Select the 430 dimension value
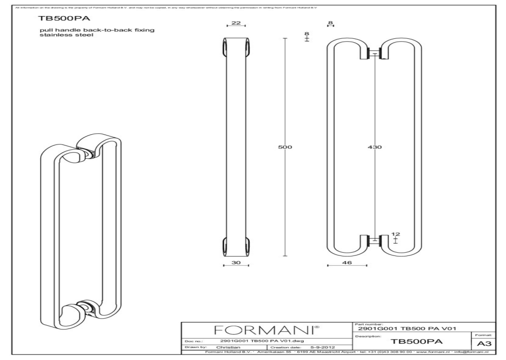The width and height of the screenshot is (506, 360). (375, 147)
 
